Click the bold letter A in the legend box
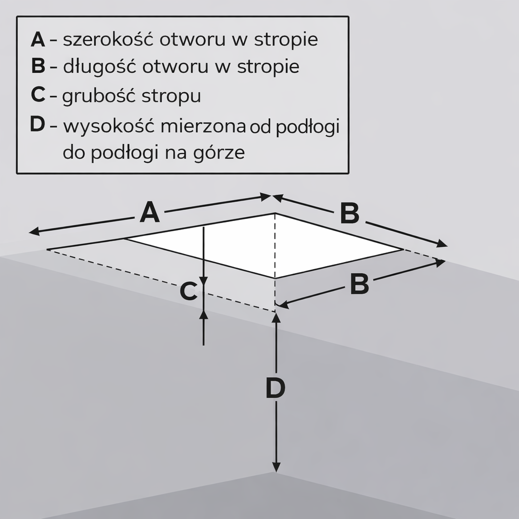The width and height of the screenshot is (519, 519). coord(38,40)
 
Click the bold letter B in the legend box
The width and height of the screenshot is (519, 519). coord(38,66)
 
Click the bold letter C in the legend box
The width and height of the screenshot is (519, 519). coord(38,96)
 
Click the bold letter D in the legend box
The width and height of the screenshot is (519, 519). coord(38,124)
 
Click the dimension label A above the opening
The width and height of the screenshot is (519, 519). coord(150,212)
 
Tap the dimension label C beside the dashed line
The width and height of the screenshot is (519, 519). coord(189,292)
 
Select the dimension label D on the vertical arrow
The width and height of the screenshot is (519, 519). coord(275,389)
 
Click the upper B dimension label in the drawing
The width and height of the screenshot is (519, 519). coord(349,213)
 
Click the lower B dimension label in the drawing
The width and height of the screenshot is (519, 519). coord(359,284)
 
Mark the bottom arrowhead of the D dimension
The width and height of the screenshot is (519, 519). coord(276,468)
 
